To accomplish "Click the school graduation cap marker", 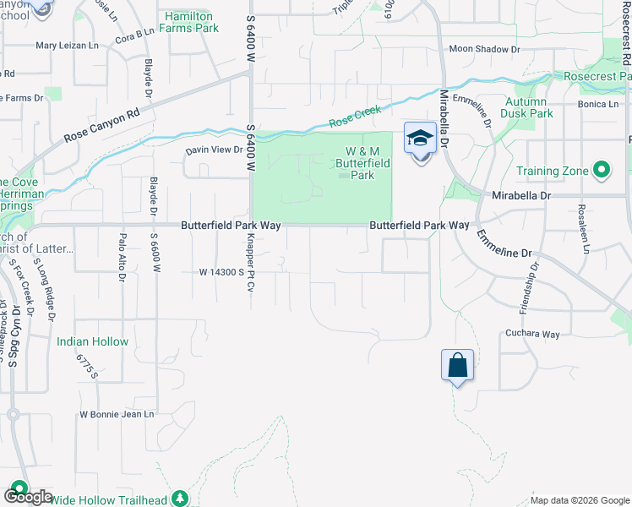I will tap(419, 139).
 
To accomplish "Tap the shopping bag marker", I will tap(457, 365).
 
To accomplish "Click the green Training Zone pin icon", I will tap(602, 171).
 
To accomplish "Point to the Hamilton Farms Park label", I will tap(192, 22).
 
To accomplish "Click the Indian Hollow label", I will tap(93, 342).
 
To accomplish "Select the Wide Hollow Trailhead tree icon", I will tap(179, 499).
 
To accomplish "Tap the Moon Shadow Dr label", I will tap(485, 50).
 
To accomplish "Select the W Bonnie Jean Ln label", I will tap(117, 414).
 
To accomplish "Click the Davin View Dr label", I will tap(215, 150).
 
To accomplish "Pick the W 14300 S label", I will tap(221, 272).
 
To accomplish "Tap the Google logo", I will tap(27, 497).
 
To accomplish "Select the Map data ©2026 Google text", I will tap(579, 500).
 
